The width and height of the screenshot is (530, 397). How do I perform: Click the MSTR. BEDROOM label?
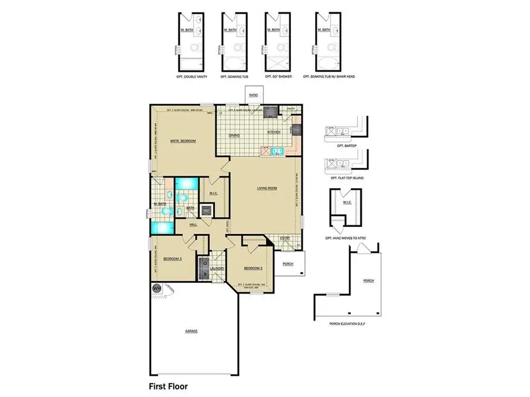pyautogui.click(x=183, y=141)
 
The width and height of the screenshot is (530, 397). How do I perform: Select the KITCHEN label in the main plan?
pyautogui.click(x=274, y=132)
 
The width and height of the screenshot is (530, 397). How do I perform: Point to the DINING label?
pyautogui.click(x=234, y=135)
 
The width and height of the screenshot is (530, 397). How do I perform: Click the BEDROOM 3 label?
pyautogui.click(x=171, y=259)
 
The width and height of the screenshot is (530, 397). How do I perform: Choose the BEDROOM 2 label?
pyautogui.click(x=253, y=269)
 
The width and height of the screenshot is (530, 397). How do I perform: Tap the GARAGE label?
pyautogui.click(x=191, y=331)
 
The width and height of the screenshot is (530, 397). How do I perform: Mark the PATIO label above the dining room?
pyautogui.click(x=254, y=94)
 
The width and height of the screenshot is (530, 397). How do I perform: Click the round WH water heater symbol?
pyautogui.click(x=157, y=288)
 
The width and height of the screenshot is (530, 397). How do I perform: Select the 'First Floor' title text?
pyautogui.click(x=168, y=387)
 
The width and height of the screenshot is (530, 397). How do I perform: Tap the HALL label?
pyautogui.click(x=193, y=225)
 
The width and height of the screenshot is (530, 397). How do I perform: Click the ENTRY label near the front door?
pyautogui.click(x=285, y=238)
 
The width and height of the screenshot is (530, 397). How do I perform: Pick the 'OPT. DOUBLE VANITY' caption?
pyautogui.click(x=190, y=76)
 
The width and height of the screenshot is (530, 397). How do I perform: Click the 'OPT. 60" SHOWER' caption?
pyautogui.click(x=275, y=76)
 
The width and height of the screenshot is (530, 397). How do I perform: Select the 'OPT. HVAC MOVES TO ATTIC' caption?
pyautogui.click(x=346, y=238)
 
